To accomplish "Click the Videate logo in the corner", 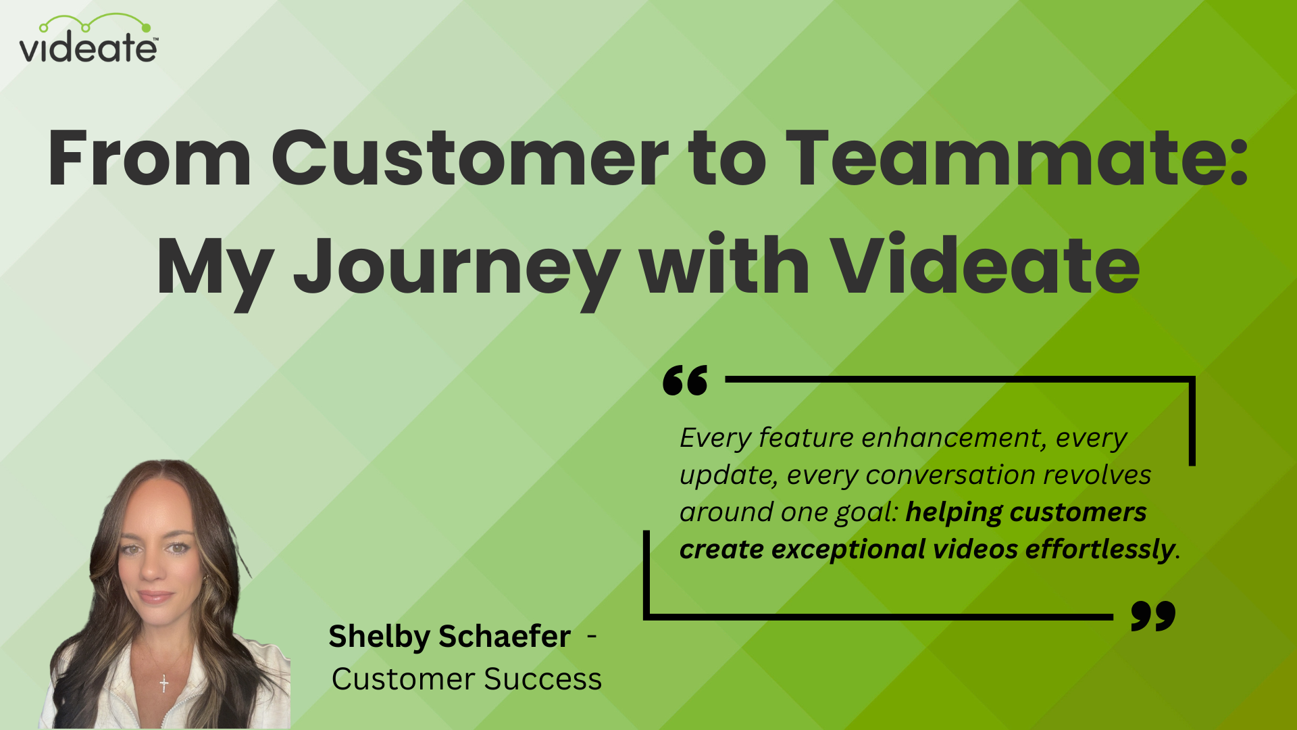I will click(88, 40).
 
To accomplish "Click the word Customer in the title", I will click(469, 158).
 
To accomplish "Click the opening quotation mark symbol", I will click(685, 381).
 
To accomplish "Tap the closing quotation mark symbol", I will click(1152, 615).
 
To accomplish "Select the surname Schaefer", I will click(505, 637).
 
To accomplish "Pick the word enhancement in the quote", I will click(954, 438).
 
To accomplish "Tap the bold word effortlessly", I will click(1100, 550).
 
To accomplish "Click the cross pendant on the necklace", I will click(164, 683).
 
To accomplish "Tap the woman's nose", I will click(153, 571).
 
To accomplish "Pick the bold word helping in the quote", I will click(952, 512).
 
